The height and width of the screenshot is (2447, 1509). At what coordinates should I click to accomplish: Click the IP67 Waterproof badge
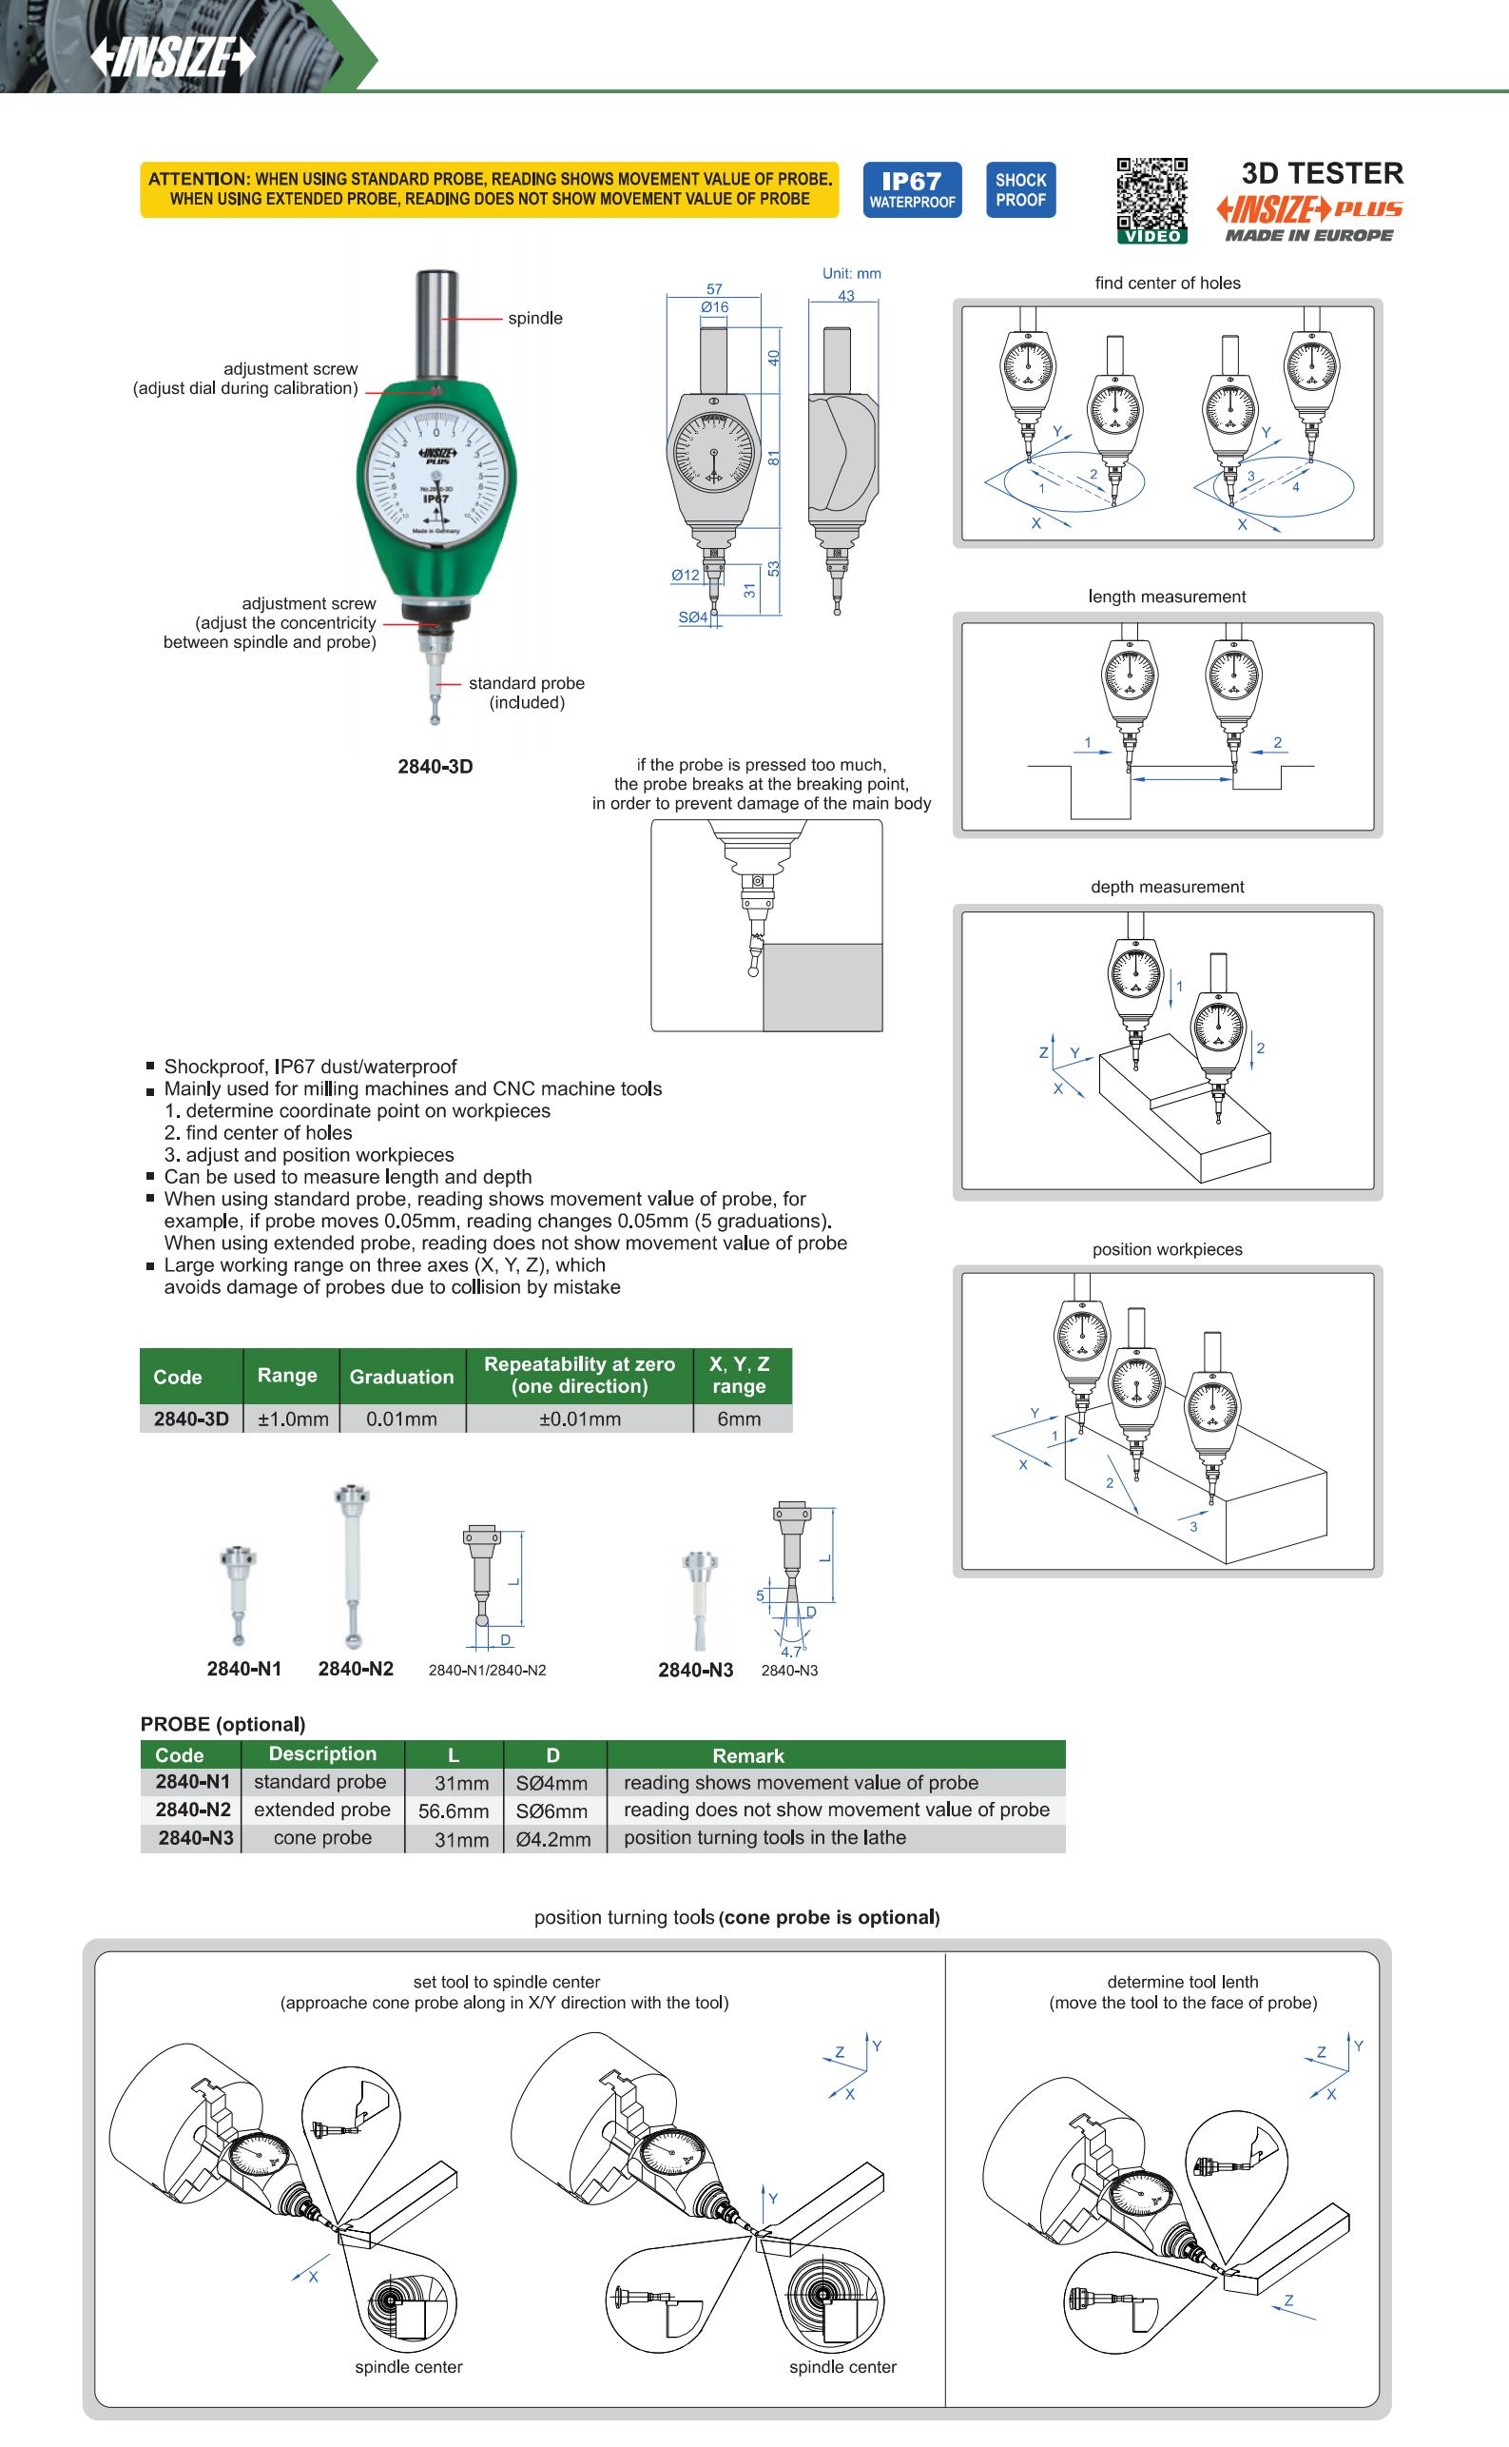tap(911, 189)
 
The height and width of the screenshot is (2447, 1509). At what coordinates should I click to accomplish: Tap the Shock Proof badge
tap(1020, 189)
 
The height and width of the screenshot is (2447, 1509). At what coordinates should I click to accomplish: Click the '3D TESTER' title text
tap(1322, 174)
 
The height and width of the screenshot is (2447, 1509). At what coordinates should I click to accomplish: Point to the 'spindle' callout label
tap(535, 319)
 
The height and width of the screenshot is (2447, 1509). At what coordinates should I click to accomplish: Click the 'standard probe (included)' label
tap(526, 693)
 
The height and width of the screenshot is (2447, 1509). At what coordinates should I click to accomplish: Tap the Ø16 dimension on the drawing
tap(715, 307)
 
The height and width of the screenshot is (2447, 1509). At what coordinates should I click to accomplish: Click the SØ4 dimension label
tap(692, 618)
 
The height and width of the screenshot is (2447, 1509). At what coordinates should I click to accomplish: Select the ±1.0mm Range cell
tap(293, 1419)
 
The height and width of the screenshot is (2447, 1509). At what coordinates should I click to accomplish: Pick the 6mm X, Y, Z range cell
tap(739, 1419)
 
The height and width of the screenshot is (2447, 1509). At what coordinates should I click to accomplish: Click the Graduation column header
tap(401, 1377)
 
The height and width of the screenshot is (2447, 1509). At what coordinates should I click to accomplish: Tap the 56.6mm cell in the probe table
tap(454, 1811)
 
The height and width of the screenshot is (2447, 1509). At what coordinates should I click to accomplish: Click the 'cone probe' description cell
tap(322, 1838)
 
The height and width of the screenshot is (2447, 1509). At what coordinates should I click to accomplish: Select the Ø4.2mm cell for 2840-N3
tap(552, 1839)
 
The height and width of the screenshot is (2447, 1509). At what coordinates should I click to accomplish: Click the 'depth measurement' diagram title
tap(1167, 887)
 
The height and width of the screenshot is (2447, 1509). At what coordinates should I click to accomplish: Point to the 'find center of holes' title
tap(1167, 283)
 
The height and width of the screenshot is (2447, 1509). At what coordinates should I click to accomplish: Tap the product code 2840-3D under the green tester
tap(435, 767)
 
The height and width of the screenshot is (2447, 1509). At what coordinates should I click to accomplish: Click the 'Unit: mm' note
tap(851, 274)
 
